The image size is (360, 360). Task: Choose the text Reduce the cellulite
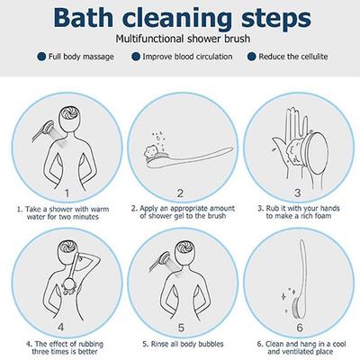tap(293, 57)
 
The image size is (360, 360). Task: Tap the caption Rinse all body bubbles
tap(180, 343)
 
